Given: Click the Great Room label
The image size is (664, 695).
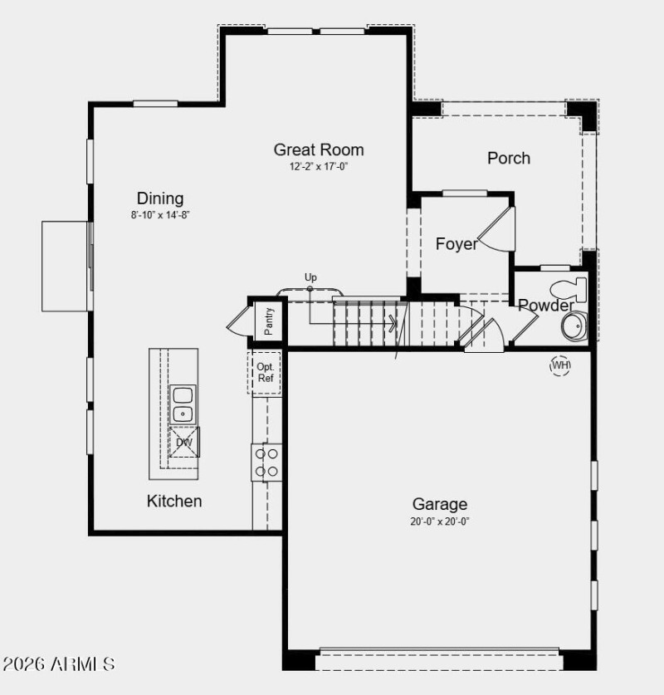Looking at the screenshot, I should click(x=319, y=150).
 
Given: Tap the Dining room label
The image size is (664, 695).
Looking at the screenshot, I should click(x=160, y=198).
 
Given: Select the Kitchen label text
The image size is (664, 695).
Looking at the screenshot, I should click(x=174, y=501).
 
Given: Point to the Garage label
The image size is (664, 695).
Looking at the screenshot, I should click(x=440, y=504).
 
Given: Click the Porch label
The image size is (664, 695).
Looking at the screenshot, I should click(x=509, y=158).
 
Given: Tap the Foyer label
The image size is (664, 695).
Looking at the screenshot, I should click(x=456, y=244).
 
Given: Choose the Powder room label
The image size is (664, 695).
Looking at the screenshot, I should click(x=545, y=306).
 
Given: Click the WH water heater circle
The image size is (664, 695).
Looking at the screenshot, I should click(x=560, y=365).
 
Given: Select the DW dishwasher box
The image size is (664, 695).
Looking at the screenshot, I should click(x=183, y=443).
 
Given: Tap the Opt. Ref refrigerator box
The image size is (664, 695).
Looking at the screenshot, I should click(x=266, y=373).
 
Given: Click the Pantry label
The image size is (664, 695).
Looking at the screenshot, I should click(x=269, y=321).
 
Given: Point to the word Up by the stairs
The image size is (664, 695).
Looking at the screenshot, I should click(x=310, y=277).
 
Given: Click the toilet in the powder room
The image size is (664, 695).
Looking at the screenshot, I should click(x=570, y=290).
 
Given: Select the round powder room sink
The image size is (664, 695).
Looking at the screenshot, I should click(x=574, y=325).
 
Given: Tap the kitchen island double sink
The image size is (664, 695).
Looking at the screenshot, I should click(x=182, y=404).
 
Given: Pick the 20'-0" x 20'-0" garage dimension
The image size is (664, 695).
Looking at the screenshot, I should click(x=440, y=521).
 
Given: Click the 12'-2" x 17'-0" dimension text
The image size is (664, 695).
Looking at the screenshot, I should click(x=319, y=167).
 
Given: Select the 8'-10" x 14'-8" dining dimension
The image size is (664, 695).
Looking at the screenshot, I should click(x=160, y=215).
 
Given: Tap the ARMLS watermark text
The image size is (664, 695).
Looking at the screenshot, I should click(x=59, y=664).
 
